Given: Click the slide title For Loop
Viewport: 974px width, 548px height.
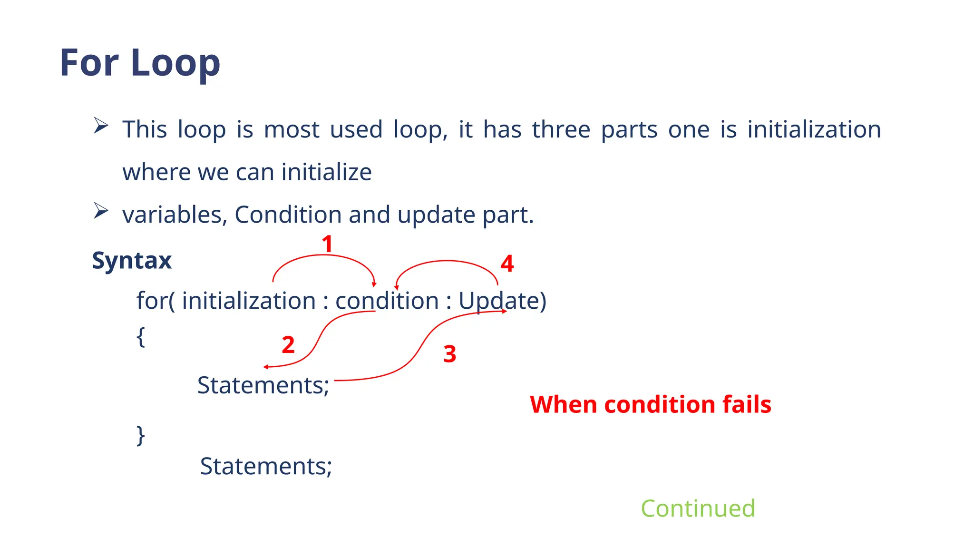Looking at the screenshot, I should point(140,63).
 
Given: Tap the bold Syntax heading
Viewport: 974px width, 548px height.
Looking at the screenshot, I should point(131,260).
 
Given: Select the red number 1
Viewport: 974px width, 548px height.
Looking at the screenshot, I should point(327,244).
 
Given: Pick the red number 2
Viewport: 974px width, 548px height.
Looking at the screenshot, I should point(288,345).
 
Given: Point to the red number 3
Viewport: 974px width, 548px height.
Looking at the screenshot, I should point(449,354).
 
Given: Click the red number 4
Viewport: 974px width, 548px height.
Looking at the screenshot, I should point(507,264).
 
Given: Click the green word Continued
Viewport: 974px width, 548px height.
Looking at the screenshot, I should point(698,508).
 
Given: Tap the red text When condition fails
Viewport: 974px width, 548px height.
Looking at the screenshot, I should point(650,404).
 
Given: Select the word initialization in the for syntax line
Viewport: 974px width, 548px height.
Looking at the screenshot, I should point(249,301).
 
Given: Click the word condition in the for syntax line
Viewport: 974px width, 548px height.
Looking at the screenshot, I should point(387,301).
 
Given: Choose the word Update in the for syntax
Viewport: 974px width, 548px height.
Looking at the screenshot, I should point(498,301).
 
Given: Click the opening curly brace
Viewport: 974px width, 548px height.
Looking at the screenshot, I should point(141,337).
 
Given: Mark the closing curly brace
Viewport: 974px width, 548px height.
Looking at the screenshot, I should point(141,435).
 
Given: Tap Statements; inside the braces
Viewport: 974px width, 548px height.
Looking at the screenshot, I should point(263,385).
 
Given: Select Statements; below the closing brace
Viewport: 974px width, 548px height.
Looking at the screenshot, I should point(266,466).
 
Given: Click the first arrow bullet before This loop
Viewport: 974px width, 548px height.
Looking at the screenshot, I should point(101,126).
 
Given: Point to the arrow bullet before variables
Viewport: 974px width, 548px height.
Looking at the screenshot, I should point(101,211).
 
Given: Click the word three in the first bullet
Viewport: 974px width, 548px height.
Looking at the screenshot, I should point(561,129).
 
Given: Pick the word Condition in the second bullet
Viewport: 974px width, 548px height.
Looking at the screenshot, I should point(288,215).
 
